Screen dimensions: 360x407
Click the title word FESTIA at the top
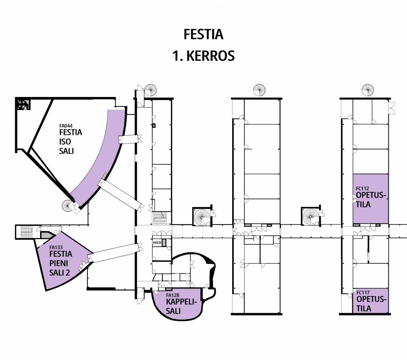pos(203,35)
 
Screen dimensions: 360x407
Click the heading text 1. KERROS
pos(203,56)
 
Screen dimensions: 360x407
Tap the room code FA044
pos(66,125)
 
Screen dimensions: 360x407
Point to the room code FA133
pos(56,247)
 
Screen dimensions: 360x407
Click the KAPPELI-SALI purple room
pos(177,308)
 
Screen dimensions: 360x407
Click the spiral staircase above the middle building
pos(259,90)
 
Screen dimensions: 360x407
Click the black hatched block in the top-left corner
pos(23,105)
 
